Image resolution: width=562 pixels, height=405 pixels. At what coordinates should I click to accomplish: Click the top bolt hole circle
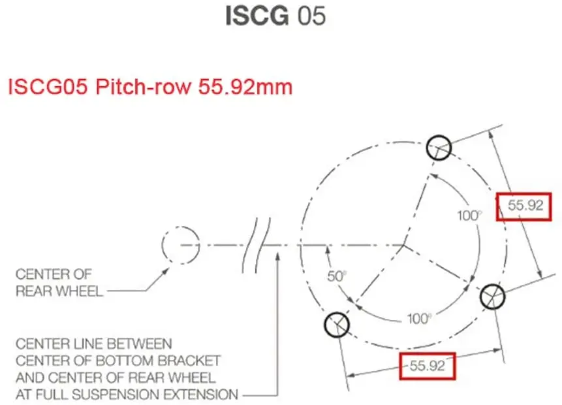point(439,148)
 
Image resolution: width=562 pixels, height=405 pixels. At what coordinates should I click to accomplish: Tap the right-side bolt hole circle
point(493,297)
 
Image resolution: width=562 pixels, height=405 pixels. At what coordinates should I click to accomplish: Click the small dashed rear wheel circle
point(181,246)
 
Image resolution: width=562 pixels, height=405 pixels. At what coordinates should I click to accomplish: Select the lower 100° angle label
point(419,319)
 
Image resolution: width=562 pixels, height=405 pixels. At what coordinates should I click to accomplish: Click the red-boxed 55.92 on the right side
point(525,206)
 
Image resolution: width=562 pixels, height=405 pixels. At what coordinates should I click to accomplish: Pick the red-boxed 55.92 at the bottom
point(427,366)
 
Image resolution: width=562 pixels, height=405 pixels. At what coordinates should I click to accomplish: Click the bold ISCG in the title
point(257,16)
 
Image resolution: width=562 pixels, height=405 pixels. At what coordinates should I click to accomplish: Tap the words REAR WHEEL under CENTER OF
point(59,291)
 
